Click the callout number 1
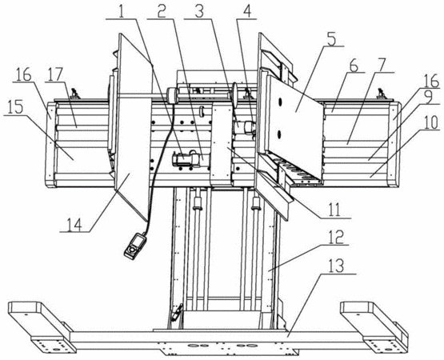122,10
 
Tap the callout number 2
161,10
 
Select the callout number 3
200,10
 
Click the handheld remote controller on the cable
134,246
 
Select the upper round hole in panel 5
281,102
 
